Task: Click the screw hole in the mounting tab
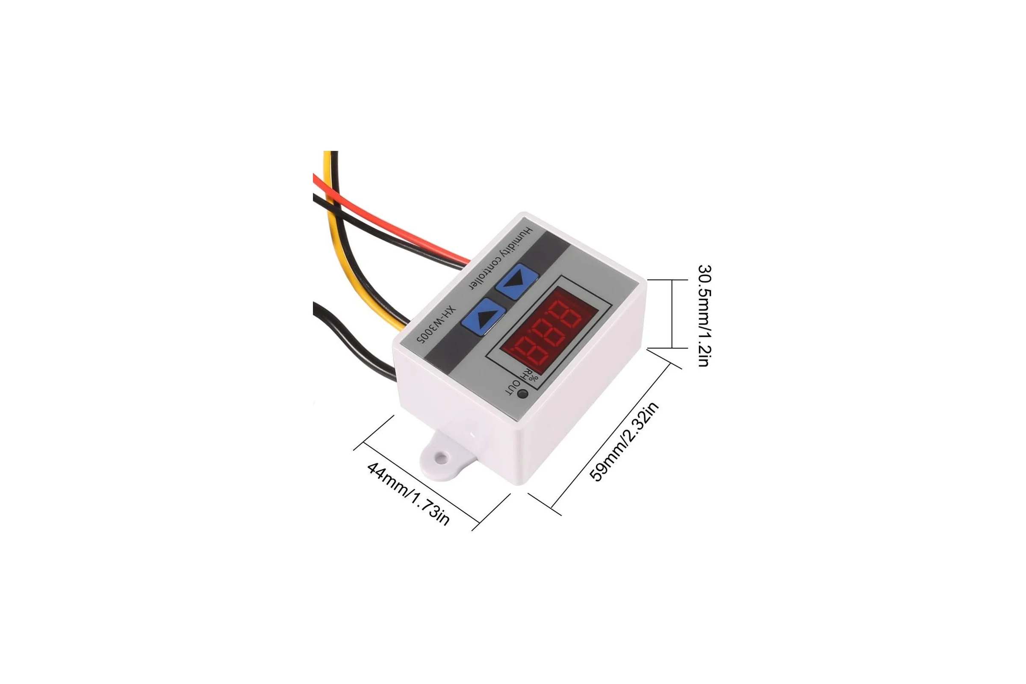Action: coord(442,457)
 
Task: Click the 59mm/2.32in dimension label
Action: coord(624,442)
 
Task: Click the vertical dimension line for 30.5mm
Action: coord(672,314)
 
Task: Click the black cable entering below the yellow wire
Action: coord(354,340)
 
